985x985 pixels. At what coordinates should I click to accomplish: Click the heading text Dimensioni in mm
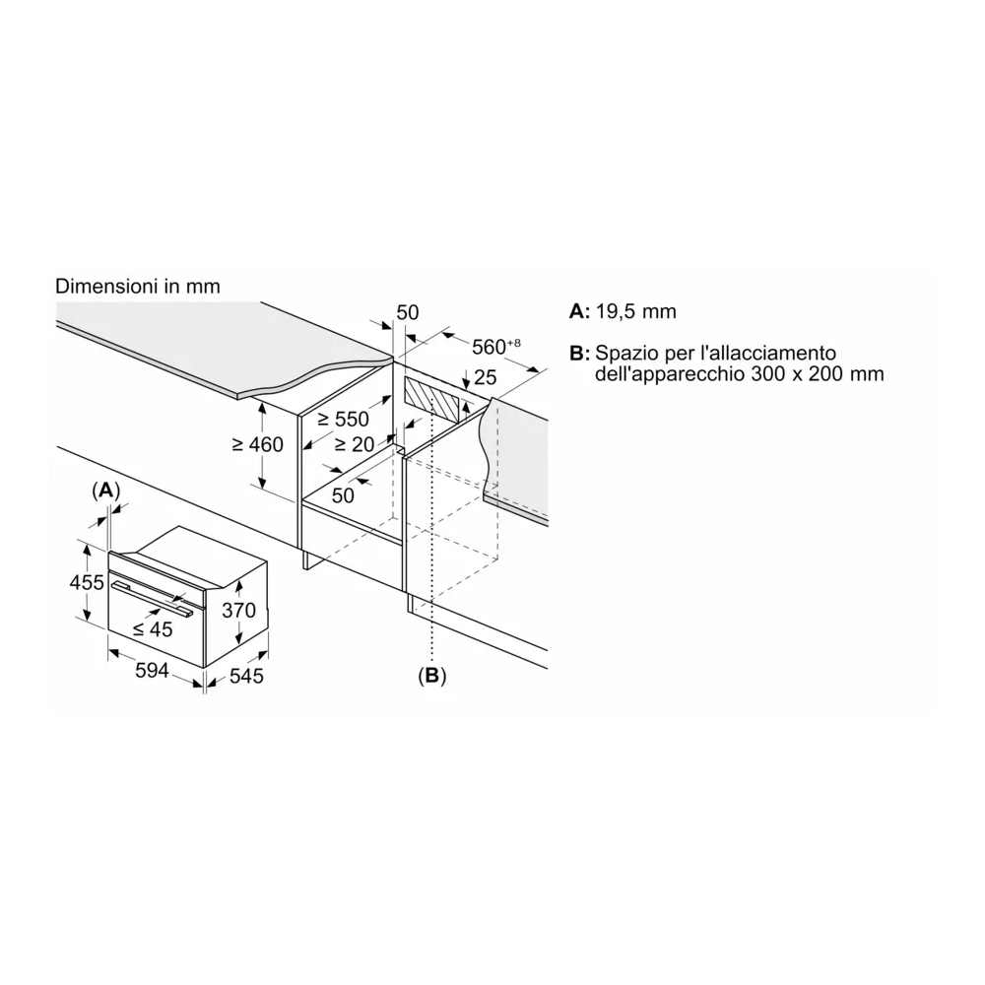[x=138, y=286]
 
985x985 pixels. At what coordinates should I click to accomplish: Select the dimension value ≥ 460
[x=257, y=444]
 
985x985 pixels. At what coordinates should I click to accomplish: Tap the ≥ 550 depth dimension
[x=343, y=420]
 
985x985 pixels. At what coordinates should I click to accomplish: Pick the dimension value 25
[x=485, y=377]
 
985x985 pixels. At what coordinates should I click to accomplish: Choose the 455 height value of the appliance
[x=87, y=582]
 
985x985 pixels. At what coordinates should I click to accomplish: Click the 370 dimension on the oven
[x=237, y=611]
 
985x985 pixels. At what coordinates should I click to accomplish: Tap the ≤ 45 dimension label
[x=153, y=629]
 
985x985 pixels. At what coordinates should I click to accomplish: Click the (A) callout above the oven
[x=105, y=490]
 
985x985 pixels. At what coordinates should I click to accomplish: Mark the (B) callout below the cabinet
[x=431, y=676]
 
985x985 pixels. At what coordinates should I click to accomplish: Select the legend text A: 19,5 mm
[x=624, y=312]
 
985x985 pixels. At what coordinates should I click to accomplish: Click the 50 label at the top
[x=408, y=312]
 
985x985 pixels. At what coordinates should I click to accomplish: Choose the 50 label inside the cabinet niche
[x=343, y=495]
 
